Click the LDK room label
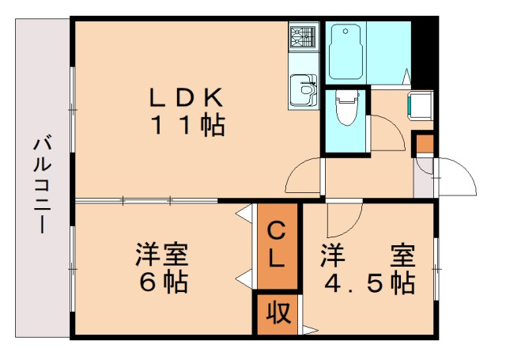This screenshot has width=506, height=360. pos(188,97)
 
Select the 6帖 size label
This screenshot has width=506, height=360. pos(163,282)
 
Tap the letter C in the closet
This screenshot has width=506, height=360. pos(275,231)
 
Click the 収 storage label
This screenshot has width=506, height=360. pos(276,313)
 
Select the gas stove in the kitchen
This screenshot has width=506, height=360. pos(303,36)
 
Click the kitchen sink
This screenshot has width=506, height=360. pos(302,88)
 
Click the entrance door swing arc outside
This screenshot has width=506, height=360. pos(457,179)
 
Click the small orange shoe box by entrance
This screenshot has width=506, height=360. pos(425,145)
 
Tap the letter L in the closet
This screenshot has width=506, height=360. pos(275,257)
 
